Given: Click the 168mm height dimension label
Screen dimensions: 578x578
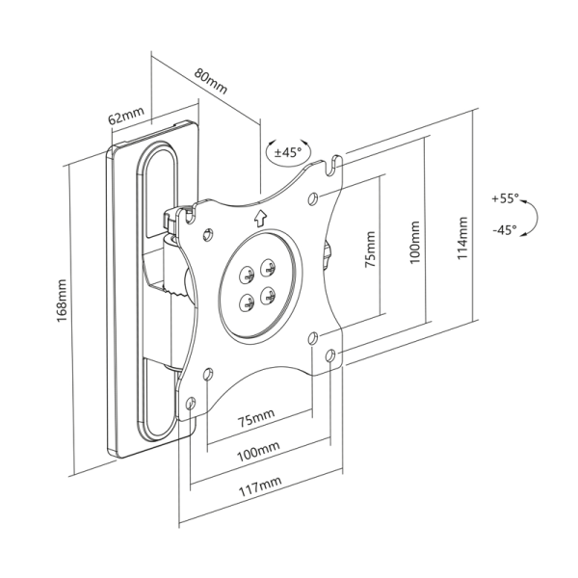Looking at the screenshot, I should [x=63, y=302].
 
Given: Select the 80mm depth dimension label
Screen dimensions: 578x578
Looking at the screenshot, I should [x=211, y=80].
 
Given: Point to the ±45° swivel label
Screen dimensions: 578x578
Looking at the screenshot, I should [x=287, y=152].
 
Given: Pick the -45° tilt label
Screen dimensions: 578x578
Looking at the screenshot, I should [x=503, y=230].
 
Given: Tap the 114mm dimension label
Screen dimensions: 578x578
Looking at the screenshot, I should [x=463, y=239].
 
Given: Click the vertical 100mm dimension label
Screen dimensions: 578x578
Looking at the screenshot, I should [x=414, y=243].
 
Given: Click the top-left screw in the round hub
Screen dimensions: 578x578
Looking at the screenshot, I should [x=244, y=274].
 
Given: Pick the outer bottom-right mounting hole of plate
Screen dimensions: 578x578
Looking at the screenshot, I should [x=330, y=355].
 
